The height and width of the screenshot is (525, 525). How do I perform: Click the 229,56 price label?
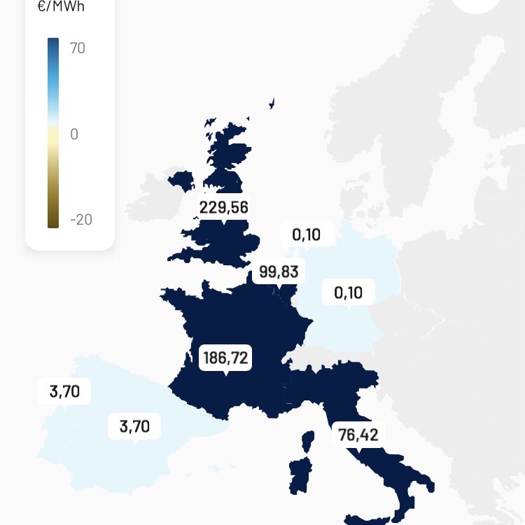tap(223, 207)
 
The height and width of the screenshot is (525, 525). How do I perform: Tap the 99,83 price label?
tap(279, 272)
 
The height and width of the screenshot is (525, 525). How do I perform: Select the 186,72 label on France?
tap(225, 358)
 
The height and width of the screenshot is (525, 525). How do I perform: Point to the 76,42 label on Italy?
tap(358, 435)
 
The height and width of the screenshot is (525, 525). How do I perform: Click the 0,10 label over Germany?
tap(348, 293)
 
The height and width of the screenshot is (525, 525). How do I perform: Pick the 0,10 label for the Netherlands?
tap(306, 234)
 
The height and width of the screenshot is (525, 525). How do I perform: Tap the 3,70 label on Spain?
tap(134, 426)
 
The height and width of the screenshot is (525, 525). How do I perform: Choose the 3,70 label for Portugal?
tap(64, 392)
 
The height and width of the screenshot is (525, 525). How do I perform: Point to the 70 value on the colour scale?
tap(77, 48)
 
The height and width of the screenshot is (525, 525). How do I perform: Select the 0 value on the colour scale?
tap(74, 134)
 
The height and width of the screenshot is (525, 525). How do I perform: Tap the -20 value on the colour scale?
tap(80, 220)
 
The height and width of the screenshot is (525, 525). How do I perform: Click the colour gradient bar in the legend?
tap(53, 133)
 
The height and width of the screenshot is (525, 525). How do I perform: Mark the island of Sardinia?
tap(300, 475)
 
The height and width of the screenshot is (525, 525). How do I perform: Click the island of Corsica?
tap(307, 442)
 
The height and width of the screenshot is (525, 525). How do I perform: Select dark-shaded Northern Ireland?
tap(182, 180)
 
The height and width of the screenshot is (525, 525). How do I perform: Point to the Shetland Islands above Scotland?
tap(272, 103)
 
